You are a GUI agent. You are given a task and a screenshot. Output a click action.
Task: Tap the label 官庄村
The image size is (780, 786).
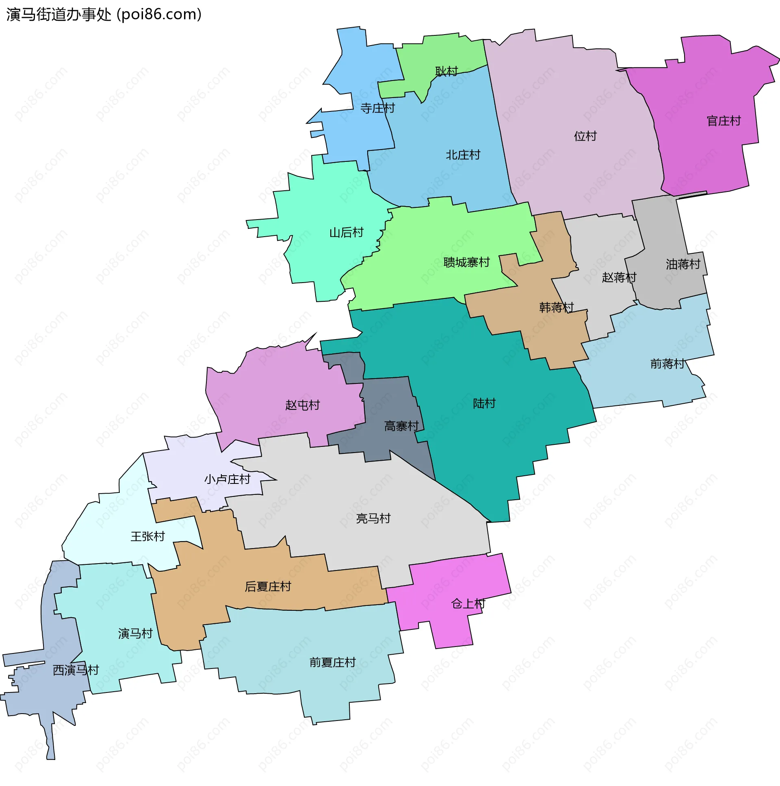[x=724, y=121]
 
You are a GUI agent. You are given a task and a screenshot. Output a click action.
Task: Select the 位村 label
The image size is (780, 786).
[x=585, y=136]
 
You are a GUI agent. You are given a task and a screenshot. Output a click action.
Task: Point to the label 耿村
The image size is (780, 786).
[x=446, y=71]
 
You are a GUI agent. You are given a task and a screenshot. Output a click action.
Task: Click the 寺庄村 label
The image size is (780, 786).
[x=377, y=108]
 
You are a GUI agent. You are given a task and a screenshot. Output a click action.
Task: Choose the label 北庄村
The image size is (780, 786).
[x=463, y=155]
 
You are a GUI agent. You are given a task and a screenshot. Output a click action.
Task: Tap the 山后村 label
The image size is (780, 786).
[x=346, y=233]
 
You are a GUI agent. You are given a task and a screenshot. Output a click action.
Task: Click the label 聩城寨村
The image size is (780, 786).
[x=466, y=262]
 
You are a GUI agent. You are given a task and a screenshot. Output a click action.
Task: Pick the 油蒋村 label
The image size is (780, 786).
[x=683, y=264]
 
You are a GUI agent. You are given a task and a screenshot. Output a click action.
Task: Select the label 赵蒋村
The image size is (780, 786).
[x=619, y=277]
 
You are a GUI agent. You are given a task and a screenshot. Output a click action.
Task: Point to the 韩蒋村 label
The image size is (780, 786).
[x=556, y=307]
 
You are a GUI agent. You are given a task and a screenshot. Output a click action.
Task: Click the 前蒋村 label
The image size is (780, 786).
[x=667, y=363]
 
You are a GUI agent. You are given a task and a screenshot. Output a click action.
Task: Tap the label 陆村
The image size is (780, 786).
[x=484, y=403]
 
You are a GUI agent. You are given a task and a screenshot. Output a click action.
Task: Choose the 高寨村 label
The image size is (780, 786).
[x=401, y=426]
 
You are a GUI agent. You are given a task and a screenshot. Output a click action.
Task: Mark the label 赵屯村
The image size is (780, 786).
[x=302, y=405]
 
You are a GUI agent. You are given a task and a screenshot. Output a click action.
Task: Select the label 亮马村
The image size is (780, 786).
[x=373, y=518]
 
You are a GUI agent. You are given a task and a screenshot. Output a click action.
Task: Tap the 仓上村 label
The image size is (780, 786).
[x=468, y=604]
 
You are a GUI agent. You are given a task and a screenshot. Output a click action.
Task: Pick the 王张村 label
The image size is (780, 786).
[x=147, y=536]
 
